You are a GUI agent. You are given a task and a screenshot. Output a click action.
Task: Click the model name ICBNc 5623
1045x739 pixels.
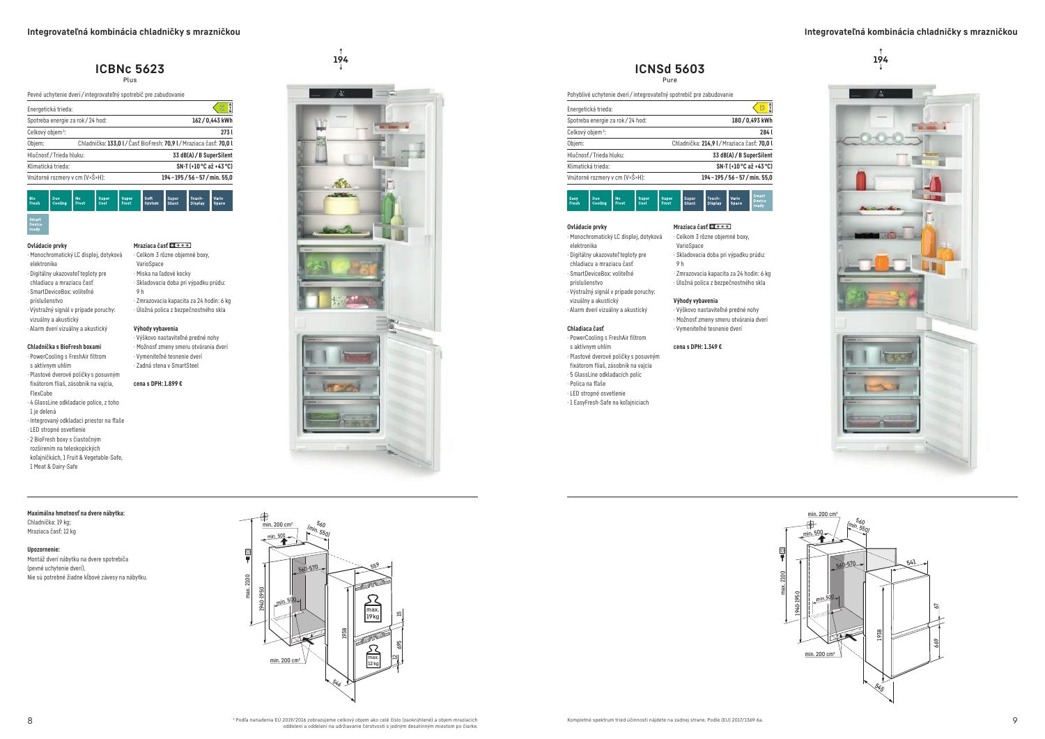[130, 68]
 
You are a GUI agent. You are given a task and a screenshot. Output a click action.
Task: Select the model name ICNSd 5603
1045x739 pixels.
[669, 68]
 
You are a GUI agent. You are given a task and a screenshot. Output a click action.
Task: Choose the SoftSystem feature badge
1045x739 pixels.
[153, 201]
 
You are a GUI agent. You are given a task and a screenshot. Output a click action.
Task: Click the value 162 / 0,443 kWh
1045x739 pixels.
[212, 120]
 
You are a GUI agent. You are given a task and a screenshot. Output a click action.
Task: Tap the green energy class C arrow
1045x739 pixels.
[221, 108]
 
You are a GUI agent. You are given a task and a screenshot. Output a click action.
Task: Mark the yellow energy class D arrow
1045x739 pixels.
[761, 108]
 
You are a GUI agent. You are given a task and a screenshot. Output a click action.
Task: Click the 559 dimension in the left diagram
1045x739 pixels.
[375, 566]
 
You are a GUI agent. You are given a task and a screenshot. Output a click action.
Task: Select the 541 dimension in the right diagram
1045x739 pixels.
[911, 561]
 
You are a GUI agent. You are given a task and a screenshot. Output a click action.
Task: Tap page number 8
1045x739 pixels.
[30, 720]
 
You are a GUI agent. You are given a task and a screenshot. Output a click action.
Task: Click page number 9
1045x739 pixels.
[1014, 720]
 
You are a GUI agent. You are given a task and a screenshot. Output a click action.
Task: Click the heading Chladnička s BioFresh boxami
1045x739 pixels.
[64, 346]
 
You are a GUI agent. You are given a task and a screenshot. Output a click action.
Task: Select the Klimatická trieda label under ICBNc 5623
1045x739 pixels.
[49, 166]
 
